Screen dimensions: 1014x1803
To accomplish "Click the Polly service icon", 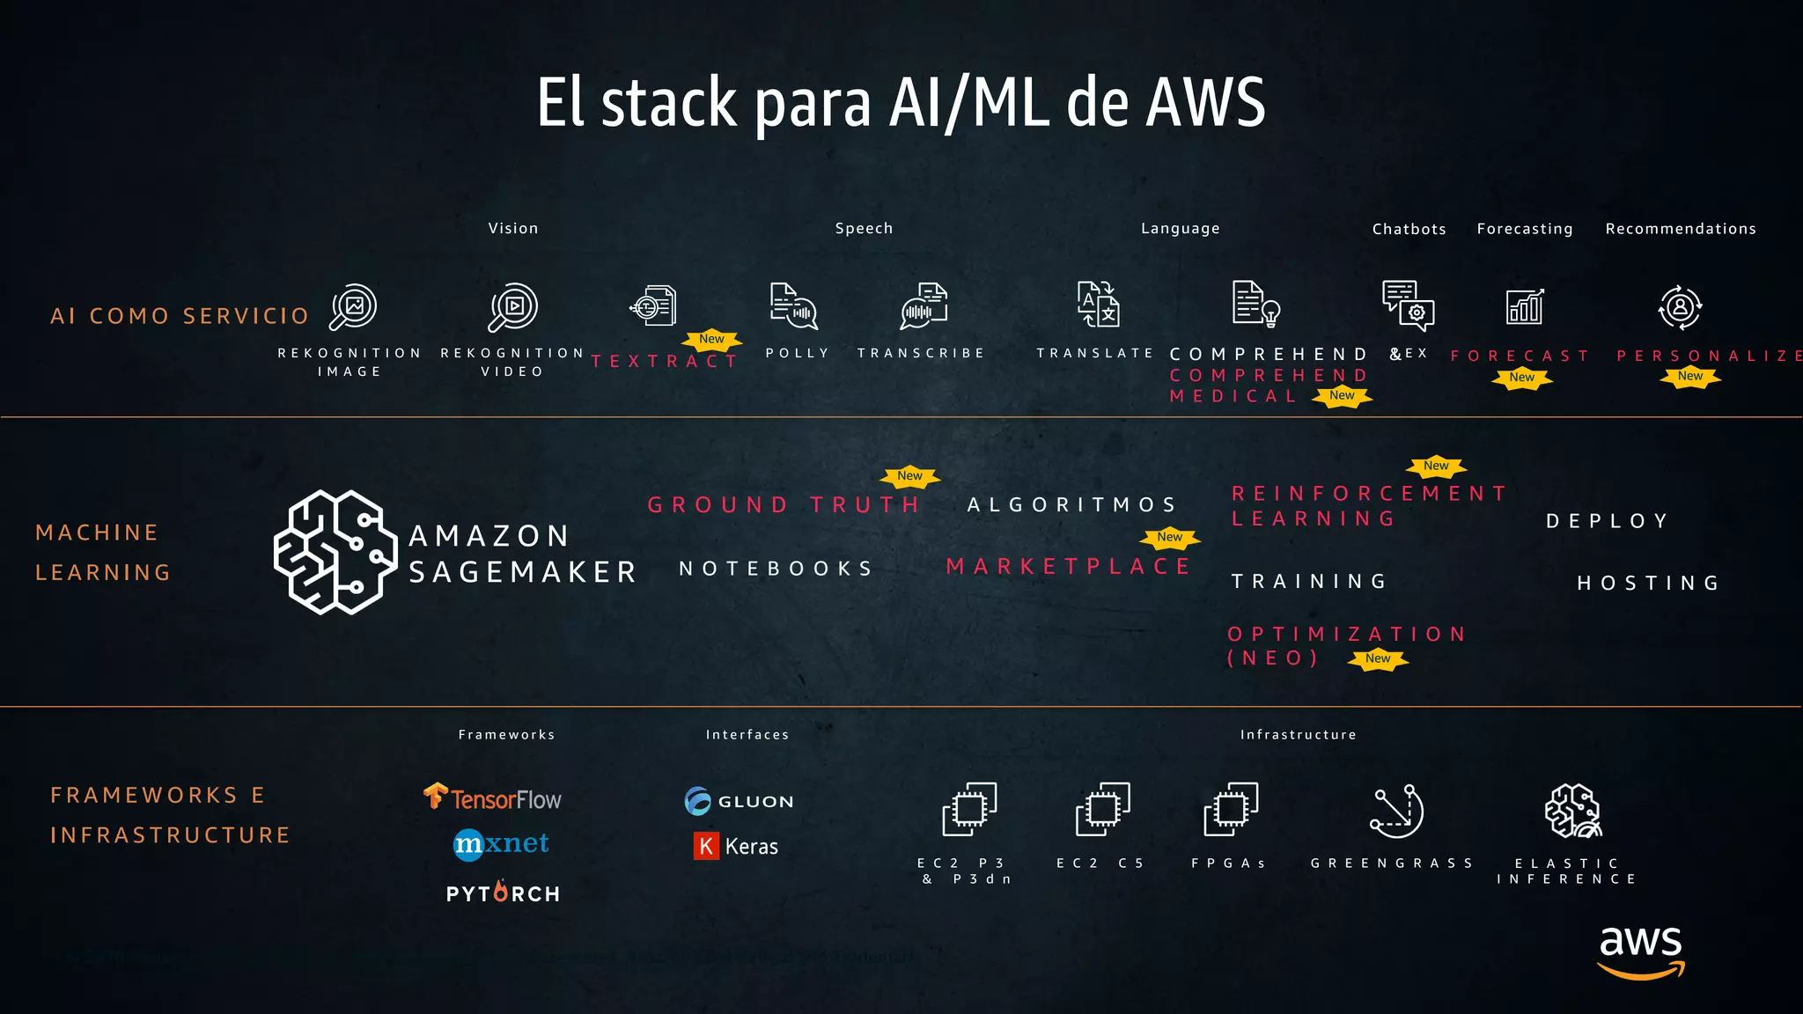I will [x=793, y=306].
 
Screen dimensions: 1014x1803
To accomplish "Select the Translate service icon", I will [x=1098, y=305].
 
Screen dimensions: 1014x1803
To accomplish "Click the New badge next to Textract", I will [x=711, y=339].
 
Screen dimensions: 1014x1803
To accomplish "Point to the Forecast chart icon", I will [x=1525, y=306].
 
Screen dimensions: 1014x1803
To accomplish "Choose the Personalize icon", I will [x=1680, y=307].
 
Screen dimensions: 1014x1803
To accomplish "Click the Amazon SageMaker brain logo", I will [x=335, y=552].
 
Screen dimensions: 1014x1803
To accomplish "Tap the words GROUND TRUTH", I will [x=784, y=504].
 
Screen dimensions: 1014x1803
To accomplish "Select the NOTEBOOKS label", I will [x=776, y=569].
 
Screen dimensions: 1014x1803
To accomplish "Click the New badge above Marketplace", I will [x=1169, y=537].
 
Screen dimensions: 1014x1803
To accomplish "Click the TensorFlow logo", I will [x=493, y=797].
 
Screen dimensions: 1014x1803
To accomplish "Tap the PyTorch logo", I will [x=503, y=893].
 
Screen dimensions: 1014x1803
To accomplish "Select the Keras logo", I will [x=736, y=846].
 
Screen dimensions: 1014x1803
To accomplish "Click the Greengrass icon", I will [x=1396, y=811].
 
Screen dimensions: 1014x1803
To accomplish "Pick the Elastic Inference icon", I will [x=1572, y=811].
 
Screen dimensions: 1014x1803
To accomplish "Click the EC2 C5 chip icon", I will [x=1102, y=809].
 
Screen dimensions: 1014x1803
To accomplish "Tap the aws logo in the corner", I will [x=1641, y=951].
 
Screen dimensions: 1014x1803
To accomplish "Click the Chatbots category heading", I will [x=1409, y=229].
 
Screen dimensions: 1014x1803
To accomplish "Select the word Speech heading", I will [x=864, y=228].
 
